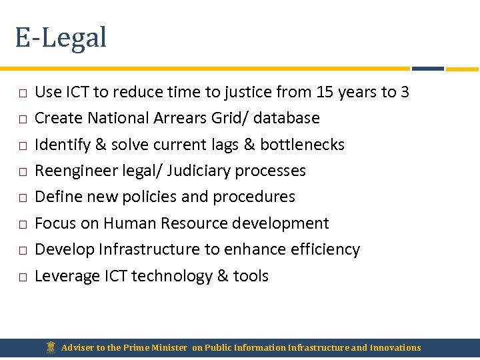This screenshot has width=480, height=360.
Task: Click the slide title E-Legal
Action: point(61,37)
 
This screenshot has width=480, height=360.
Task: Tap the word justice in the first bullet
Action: point(248,93)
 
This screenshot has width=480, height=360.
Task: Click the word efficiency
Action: point(325,249)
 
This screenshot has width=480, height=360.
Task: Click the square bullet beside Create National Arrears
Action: point(22,119)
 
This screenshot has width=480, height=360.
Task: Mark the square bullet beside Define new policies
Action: point(22,198)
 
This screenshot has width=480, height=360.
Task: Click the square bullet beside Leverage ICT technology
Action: point(22,277)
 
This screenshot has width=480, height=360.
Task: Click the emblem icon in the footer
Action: point(51,347)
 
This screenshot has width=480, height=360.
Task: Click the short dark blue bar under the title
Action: point(427,68)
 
